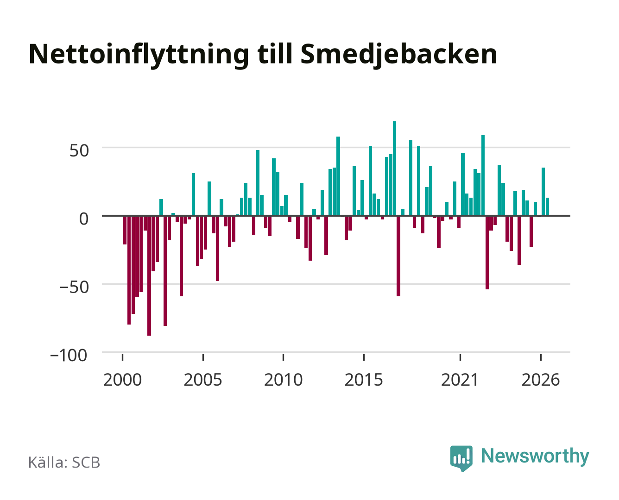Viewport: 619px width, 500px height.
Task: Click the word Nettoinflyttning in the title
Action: coord(139,55)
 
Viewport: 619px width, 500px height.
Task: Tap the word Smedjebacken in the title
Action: coord(399,55)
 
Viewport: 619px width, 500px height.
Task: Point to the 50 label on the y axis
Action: coord(79,151)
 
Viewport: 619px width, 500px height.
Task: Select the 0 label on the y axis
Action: coord(84,219)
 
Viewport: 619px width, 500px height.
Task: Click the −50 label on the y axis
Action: coord(74,287)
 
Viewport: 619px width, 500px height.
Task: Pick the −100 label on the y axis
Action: coord(69,356)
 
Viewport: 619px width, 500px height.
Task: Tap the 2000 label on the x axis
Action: coord(122,380)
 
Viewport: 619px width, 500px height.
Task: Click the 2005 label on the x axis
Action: coord(203,380)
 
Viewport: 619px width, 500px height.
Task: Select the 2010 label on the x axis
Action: coord(284,380)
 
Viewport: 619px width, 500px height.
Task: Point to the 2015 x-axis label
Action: coord(364,380)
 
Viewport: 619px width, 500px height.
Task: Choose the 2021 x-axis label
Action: coord(460,380)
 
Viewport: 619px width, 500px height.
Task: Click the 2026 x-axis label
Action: coord(541,380)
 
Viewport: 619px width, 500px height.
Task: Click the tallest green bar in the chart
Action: coord(394,169)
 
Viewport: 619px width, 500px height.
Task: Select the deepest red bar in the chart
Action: coord(149,275)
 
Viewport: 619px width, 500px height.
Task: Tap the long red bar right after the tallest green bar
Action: coord(398,256)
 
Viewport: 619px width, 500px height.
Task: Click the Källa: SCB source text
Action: coord(64,462)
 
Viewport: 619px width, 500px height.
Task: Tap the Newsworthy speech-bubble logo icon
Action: coord(461,458)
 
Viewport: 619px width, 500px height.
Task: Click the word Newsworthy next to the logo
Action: coord(535,456)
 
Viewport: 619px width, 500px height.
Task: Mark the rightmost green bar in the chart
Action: coord(547,207)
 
